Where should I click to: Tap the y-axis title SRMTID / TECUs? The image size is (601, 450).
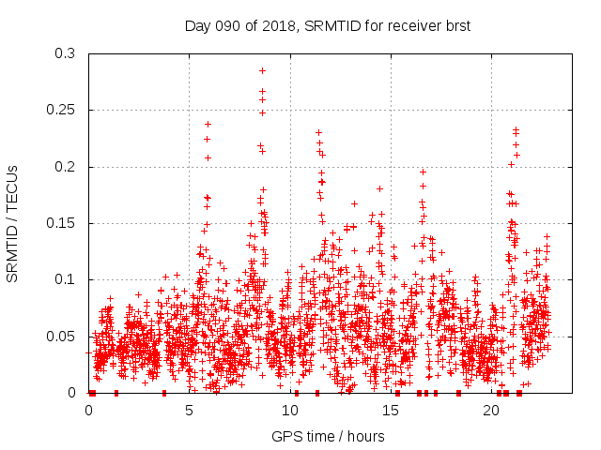pyautogui.click(x=13, y=223)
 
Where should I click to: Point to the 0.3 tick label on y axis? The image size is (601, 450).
pyautogui.click(x=67, y=54)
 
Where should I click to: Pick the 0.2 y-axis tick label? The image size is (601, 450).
pyautogui.click(x=67, y=167)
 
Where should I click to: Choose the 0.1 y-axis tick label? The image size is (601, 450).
pyautogui.click(x=67, y=279)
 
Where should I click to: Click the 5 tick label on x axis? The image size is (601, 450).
pyautogui.click(x=190, y=411)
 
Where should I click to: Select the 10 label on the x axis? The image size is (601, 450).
pyautogui.click(x=290, y=411)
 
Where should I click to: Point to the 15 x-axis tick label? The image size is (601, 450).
pyautogui.click(x=392, y=411)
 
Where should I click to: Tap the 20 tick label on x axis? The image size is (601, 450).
pyautogui.click(x=492, y=411)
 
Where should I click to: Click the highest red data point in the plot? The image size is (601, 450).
pyautogui.click(x=262, y=70)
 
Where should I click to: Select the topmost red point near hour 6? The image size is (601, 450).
pyautogui.click(x=208, y=124)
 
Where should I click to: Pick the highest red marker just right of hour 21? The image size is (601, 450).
pyautogui.click(x=516, y=130)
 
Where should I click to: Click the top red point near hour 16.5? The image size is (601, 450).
pyautogui.click(x=424, y=172)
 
